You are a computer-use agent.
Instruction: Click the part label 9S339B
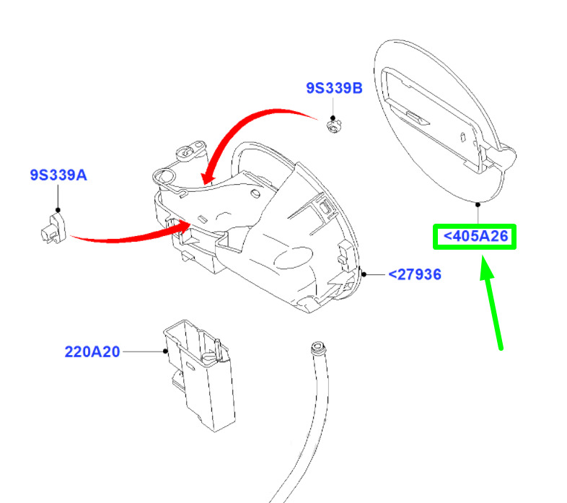(334, 88)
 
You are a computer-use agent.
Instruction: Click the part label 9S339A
(58, 175)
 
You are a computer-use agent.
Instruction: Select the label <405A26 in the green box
(475, 236)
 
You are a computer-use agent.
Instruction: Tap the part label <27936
(415, 274)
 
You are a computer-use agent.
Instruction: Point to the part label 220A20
(92, 351)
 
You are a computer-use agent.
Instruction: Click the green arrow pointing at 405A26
(491, 302)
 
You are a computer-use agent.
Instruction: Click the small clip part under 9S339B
(335, 127)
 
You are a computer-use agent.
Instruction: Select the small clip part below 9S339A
(53, 229)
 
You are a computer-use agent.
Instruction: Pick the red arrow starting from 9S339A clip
(130, 237)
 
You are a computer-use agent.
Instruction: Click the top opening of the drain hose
(318, 346)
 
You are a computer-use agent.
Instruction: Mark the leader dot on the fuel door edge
(478, 205)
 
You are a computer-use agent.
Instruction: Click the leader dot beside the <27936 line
(364, 275)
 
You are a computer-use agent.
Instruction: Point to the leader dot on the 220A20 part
(165, 351)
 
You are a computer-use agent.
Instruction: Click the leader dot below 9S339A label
(58, 210)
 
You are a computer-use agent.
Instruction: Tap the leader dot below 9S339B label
(333, 118)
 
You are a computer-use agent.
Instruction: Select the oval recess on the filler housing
(294, 258)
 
